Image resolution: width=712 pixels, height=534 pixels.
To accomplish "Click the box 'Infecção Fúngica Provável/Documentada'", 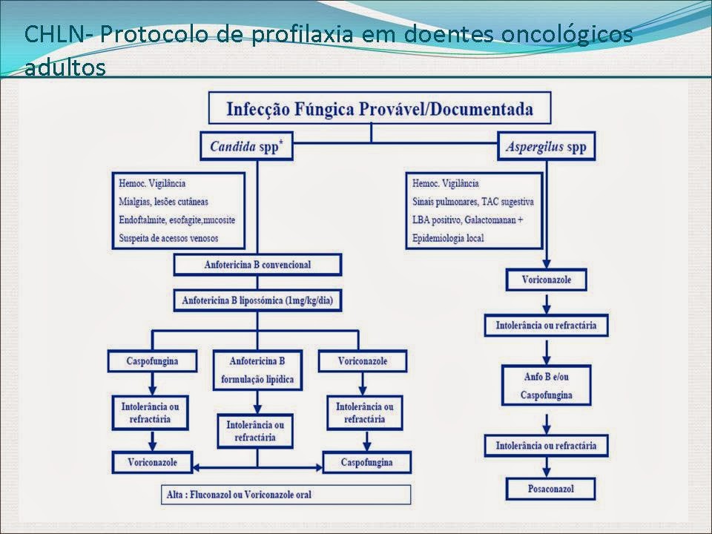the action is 379,109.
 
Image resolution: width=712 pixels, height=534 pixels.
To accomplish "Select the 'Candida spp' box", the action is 246,147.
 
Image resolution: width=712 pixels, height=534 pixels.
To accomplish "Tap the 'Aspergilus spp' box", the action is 546,147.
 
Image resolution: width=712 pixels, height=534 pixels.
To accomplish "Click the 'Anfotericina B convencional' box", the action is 257,265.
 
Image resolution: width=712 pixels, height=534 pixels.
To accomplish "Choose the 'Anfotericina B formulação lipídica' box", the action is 257,371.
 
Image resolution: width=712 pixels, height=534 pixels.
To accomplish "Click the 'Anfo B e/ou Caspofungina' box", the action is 546,385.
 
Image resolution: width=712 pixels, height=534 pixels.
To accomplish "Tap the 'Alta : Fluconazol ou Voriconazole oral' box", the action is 286,495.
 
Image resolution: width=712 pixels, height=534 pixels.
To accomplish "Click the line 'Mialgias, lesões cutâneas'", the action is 163,201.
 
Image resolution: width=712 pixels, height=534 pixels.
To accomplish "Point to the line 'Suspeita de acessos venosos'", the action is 170,239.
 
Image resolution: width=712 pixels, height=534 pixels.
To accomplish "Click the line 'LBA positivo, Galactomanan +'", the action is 472,221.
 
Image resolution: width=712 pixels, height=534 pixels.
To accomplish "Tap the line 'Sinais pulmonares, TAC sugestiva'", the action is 472,202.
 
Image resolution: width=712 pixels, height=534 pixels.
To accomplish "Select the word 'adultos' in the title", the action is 65,67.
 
